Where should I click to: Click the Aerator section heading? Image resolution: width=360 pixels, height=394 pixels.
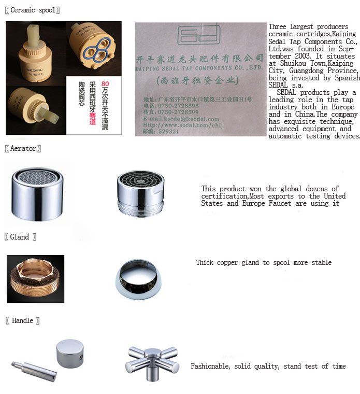(23, 149)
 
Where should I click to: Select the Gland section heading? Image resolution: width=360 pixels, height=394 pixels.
(20, 237)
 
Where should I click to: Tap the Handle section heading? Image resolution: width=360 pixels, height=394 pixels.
(22, 321)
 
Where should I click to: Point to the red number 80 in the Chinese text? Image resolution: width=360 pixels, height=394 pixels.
(105, 83)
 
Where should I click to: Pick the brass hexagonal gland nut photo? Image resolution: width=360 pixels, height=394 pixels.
(35, 279)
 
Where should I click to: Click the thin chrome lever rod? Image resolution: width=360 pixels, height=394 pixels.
(34, 371)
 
